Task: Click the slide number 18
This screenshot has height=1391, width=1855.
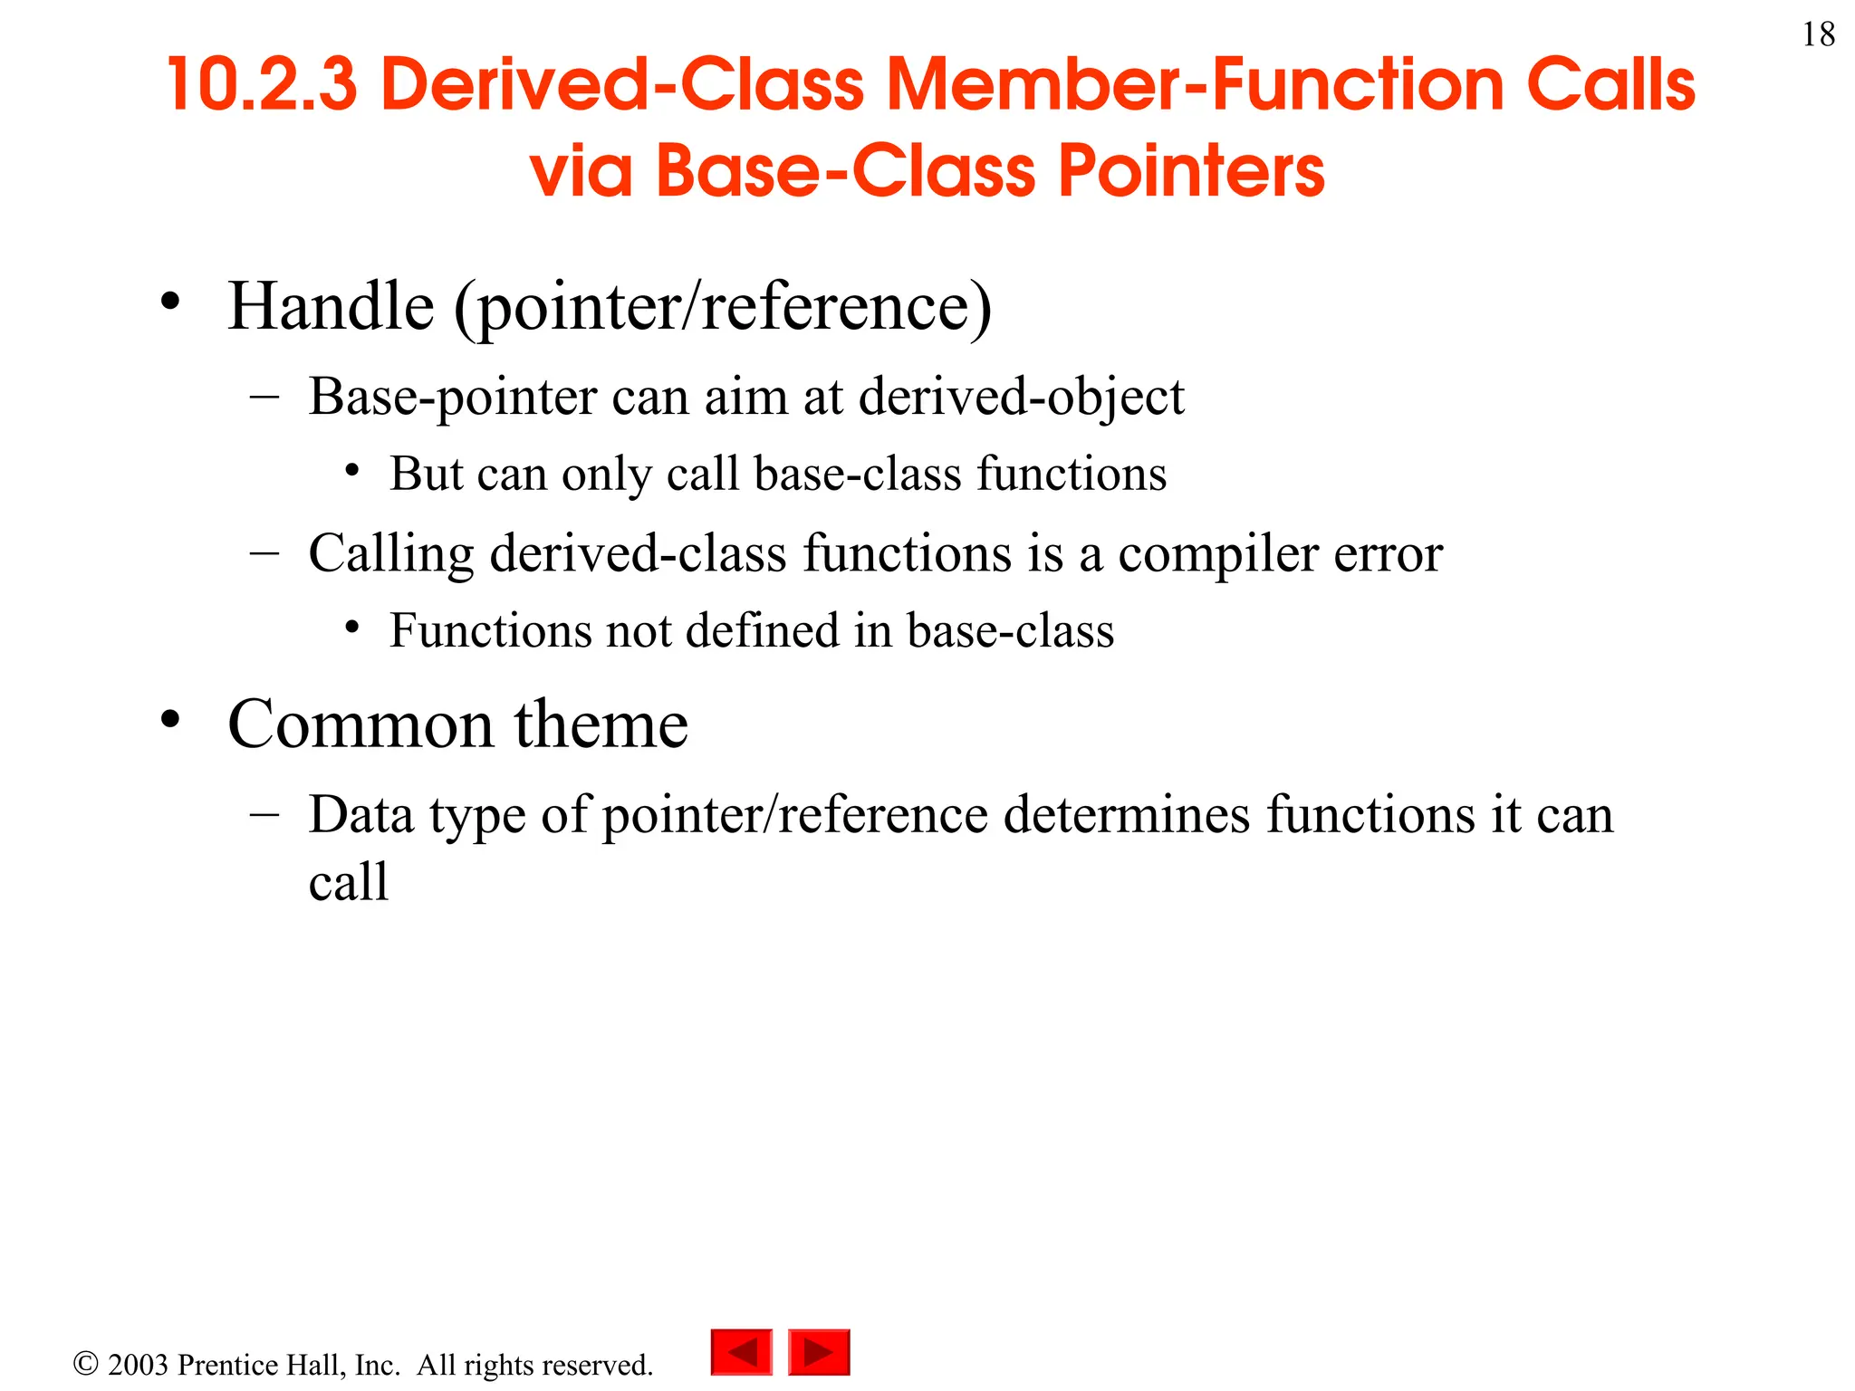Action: tap(1818, 35)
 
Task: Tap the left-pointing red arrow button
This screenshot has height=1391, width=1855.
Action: tap(742, 1352)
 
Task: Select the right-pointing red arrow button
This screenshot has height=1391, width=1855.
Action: tap(819, 1352)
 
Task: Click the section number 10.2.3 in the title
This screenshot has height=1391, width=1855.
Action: tap(262, 84)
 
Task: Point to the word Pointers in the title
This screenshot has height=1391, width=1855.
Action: tap(1191, 171)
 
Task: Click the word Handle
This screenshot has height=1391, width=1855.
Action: tap(331, 306)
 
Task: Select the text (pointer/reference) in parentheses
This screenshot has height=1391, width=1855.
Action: tap(723, 308)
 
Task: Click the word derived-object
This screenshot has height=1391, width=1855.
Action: tap(1021, 397)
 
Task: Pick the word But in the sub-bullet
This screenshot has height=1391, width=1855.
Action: tap(426, 474)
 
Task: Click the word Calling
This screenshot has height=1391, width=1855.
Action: tap(390, 554)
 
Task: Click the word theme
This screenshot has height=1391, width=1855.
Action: tap(601, 724)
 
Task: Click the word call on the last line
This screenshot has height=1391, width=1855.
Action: tap(349, 881)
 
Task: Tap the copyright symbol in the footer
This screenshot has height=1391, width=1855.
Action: tap(85, 1363)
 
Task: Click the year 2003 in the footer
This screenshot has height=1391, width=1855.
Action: tap(138, 1365)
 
